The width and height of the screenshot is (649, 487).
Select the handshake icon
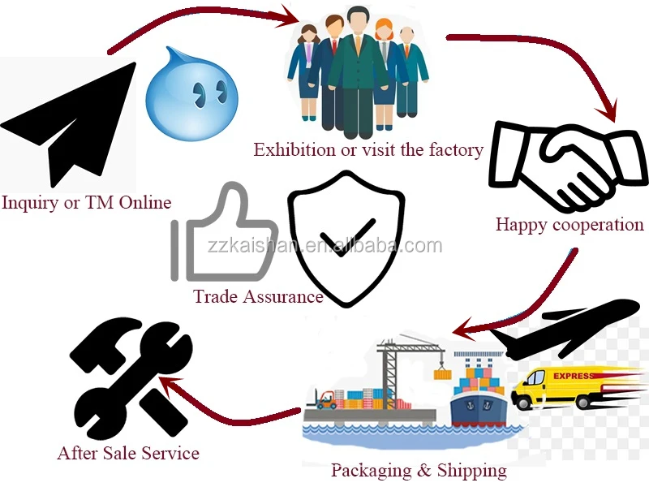pyautogui.click(x=560, y=166)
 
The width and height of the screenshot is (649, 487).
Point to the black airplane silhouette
pyautogui.click(x=568, y=325)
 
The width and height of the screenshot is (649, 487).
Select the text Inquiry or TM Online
pyautogui.click(x=87, y=202)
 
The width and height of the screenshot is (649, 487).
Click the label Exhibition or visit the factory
pyautogui.click(x=368, y=150)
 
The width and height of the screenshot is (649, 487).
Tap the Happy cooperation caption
pyautogui.click(x=569, y=225)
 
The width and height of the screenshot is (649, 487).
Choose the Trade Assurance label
pyautogui.click(x=258, y=296)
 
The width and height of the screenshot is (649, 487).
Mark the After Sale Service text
pyautogui.click(x=128, y=453)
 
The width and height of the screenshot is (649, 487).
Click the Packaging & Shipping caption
pyautogui.click(x=419, y=470)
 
